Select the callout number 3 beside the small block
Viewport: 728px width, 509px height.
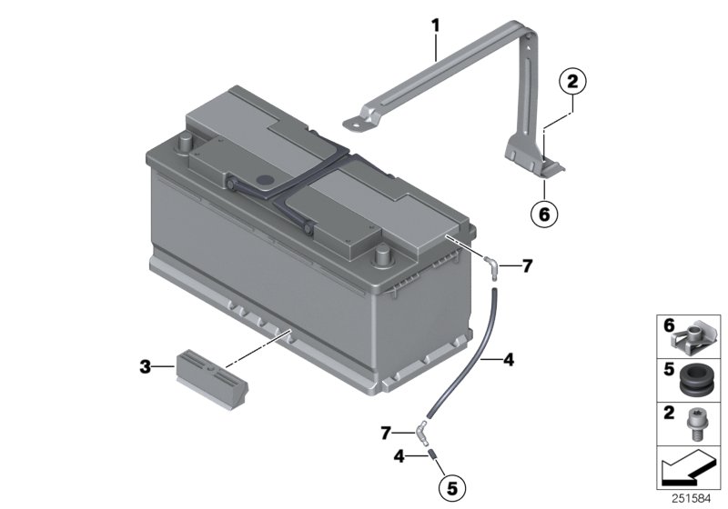click(x=145, y=366)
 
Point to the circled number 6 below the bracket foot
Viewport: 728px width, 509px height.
click(x=543, y=215)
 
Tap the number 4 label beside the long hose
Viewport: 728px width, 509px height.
click(x=508, y=361)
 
